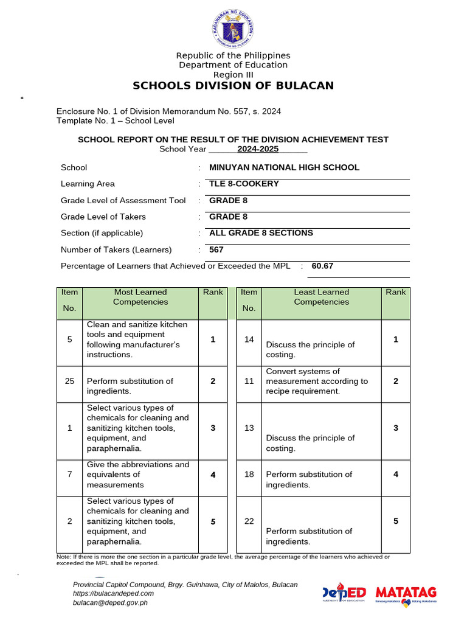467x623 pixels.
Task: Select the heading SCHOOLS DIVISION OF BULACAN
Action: pyautogui.click(x=233, y=86)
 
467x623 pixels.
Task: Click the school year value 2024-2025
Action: pyautogui.click(x=258, y=149)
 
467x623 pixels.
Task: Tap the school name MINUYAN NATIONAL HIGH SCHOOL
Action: pyautogui.click(x=284, y=167)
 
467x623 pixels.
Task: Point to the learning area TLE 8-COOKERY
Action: pyautogui.click(x=244, y=184)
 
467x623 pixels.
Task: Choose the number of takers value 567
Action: pyautogui.click(x=216, y=249)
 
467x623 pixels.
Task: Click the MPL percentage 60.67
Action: pyautogui.click(x=322, y=266)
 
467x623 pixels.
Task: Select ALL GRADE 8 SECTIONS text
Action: pyautogui.click(x=261, y=233)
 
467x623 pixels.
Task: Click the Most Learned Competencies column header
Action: pyautogui.click(x=140, y=297)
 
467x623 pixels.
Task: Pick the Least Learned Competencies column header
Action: pyautogui.click(x=321, y=297)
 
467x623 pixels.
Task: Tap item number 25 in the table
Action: pyautogui.click(x=70, y=381)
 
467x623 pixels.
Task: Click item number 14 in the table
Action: pyautogui.click(x=249, y=339)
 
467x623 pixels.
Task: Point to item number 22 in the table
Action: pyautogui.click(x=249, y=521)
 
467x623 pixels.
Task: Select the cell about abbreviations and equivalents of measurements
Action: pyautogui.click(x=138, y=475)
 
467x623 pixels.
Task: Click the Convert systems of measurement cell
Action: pyautogui.click(x=317, y=381)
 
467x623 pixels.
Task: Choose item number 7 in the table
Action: pyautogui.click(x=70, y=475)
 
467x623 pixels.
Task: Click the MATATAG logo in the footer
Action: pyautogui.click(x=406, y=593)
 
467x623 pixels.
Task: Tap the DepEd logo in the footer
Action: pyautogui.click(x=344, y=593)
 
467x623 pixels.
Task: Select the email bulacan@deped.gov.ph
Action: pyautogui.click(x=110, y=603)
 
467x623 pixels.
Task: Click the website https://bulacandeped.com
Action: pyautogui.click(x=113, y=593)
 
